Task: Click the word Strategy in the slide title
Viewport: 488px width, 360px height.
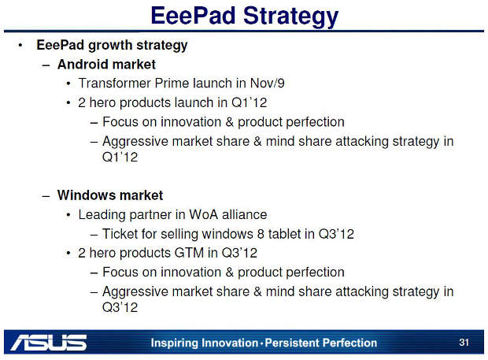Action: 290,17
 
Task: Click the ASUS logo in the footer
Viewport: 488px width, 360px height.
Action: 49,343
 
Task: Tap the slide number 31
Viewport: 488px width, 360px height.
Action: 464,342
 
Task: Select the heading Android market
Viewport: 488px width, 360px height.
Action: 106,65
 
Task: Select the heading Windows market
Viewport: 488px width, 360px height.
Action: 110,195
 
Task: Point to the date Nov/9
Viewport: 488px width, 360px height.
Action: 268,84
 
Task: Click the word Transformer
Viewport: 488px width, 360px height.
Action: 114,84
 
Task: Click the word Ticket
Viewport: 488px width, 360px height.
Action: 120,234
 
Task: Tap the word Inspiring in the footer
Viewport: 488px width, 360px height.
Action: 175,343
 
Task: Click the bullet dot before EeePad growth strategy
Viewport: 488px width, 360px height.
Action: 20,46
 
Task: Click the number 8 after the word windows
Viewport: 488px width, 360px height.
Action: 261,234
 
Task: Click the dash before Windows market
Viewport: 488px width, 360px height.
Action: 46,196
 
